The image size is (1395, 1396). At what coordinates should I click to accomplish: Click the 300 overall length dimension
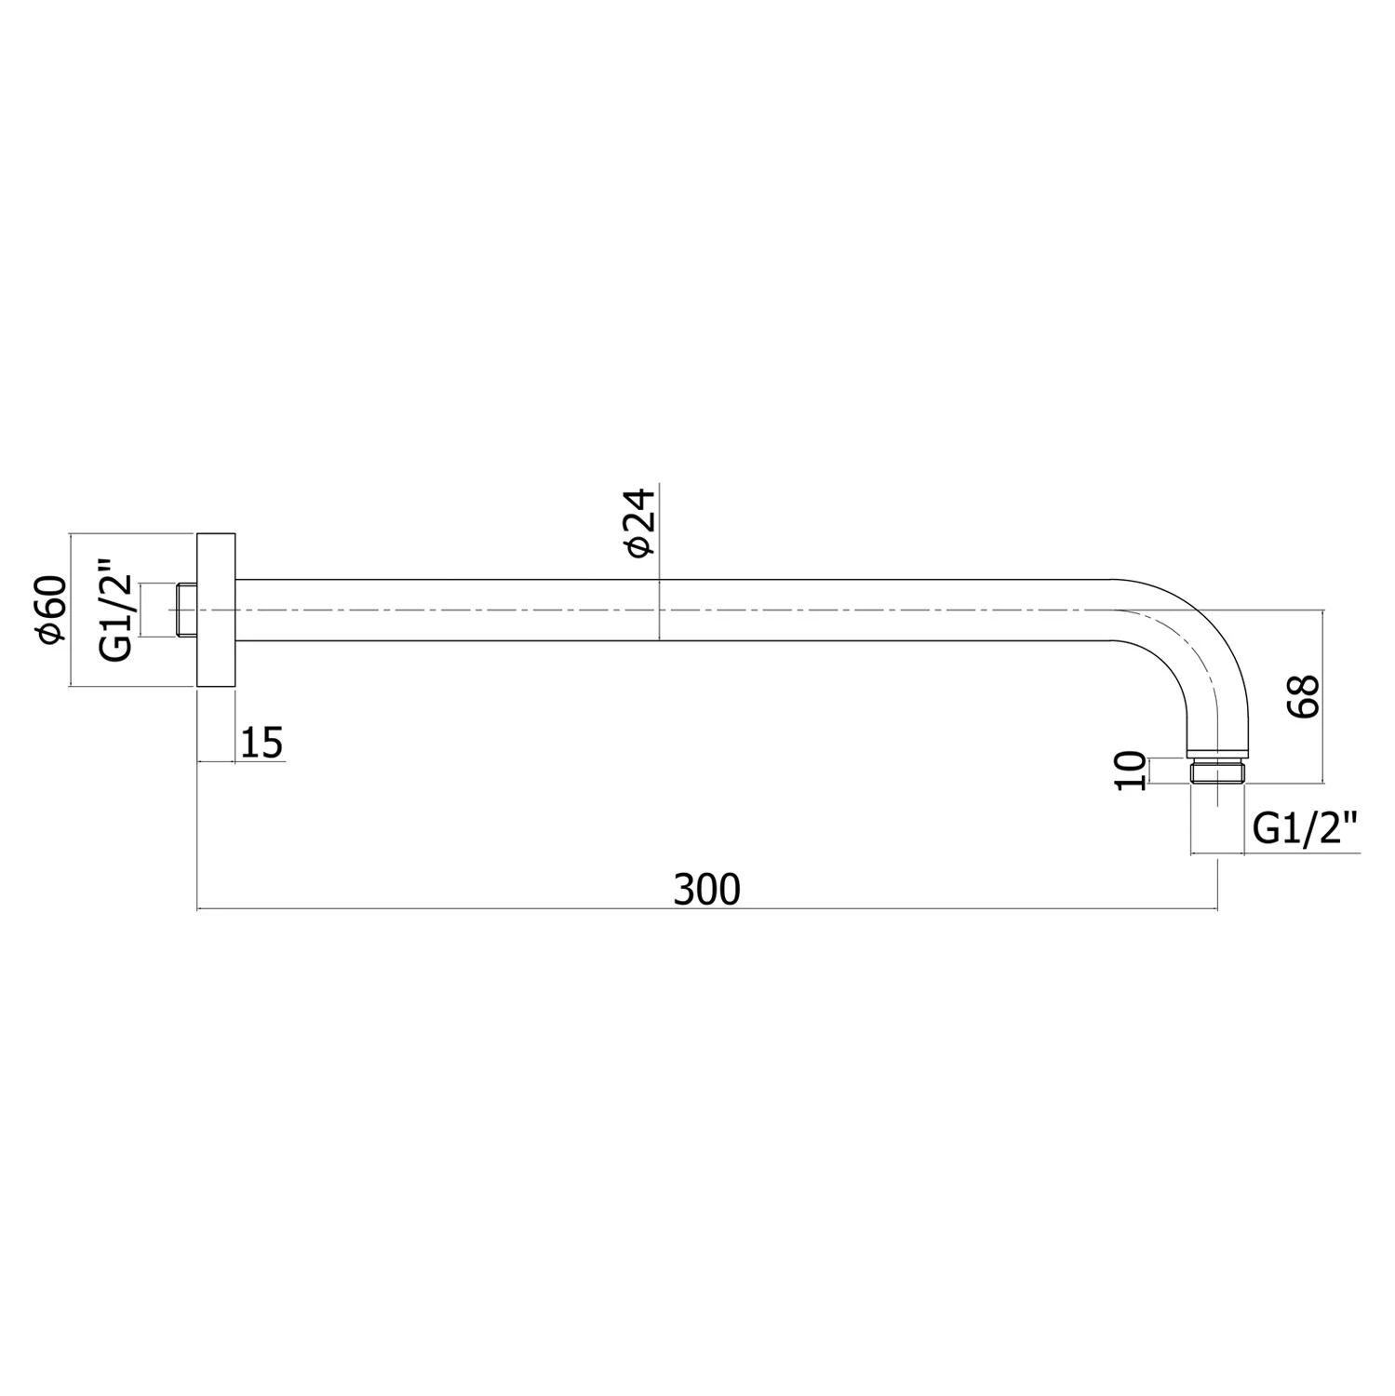(707, 890)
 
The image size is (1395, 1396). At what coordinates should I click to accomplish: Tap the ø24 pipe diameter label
(642, 524)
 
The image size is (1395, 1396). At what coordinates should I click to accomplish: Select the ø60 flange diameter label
(50, 610)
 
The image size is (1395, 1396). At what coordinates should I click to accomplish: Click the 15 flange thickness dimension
(262, 744)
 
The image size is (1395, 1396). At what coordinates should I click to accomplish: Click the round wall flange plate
(216, 611)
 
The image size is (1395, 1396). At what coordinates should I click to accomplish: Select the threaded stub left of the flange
(187, 611)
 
